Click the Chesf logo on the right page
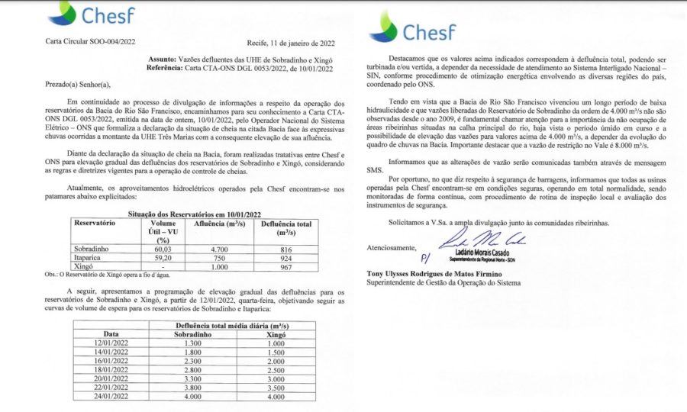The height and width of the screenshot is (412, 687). [413, 31]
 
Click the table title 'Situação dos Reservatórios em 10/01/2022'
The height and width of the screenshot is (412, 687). [193, 216]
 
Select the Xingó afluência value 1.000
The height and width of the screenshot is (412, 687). [221, 268]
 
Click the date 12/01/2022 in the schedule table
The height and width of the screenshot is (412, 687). [112, 345]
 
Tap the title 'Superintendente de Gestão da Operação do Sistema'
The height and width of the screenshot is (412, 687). [444, 282]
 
